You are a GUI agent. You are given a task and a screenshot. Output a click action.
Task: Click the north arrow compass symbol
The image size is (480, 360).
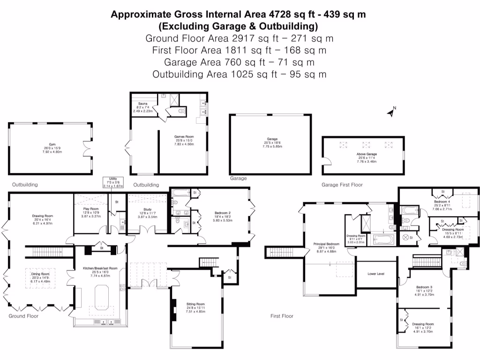pyautogui.click(x=390, y=112)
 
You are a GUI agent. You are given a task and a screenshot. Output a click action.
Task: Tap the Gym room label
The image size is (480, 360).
pyautogui.click(x=52, y=144)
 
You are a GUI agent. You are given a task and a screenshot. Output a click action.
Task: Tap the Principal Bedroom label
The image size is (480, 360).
pyautogui.click(x=327, y=244)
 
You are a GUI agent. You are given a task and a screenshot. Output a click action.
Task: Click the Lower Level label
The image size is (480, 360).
pyautogui.click(x=376, y=273)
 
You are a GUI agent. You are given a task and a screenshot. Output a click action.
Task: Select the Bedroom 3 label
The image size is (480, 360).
pyautogui.click(x=424, y=287)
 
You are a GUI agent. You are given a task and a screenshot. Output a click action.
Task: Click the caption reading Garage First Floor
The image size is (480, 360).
pyautogui.click(x=342, y=185)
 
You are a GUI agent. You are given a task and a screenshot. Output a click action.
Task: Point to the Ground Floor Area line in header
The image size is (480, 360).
pyautogui.click(x=240, y=38)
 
